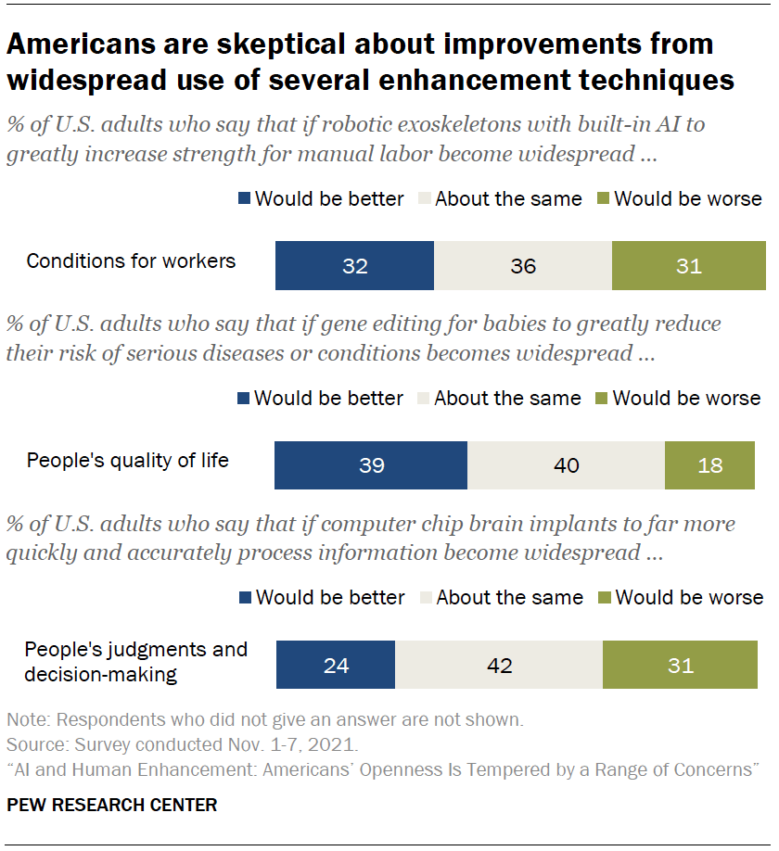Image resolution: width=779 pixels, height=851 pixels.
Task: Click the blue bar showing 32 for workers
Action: click(x=354, y=266)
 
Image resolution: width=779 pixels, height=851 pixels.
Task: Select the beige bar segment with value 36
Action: click(x=523, y=266)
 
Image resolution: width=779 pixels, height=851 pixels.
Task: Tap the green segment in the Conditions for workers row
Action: click(x=688, y=266)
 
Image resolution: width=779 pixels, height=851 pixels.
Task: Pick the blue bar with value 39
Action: click(x=371, y=464)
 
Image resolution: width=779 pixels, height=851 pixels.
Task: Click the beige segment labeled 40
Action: click(x=566, y=464)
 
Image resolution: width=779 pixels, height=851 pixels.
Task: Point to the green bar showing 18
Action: click(x=709, y=464)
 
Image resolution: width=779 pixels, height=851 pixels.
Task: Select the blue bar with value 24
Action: click(x=336, y=665)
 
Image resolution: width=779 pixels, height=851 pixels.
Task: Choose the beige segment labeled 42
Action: click(x=499, y=665)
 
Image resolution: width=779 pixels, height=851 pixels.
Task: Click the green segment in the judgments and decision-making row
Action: click(x=680, y=665)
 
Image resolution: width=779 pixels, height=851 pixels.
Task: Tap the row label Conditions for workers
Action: click(x=131, y=260)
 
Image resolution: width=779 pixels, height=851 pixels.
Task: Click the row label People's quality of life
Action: click(x=127, y=460)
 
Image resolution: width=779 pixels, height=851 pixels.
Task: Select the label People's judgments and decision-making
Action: click(x=135, y=661)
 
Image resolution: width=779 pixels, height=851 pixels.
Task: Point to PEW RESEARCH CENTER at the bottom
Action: click(x=111, y=805)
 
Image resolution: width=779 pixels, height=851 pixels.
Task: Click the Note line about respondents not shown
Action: click(x=264, y=719)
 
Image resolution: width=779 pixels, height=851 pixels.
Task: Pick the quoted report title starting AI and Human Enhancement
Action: click(x=383, y=769)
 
